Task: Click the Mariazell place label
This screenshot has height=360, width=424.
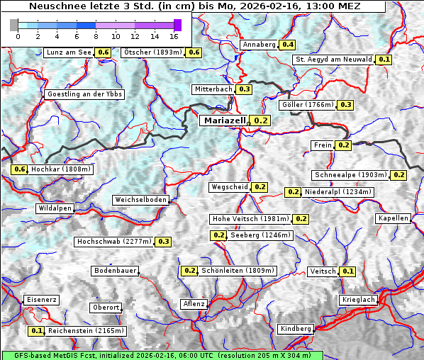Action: [x=224, y=120]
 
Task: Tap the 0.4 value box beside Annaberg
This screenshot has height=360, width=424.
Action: [x=287, y=45]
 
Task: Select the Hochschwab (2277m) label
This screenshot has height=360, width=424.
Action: [x=113, y=242]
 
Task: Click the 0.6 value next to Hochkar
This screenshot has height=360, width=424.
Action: [x=19, y=170]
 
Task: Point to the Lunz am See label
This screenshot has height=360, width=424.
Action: [x=68, y=52]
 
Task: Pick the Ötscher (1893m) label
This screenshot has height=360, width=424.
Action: [x=152, y=52]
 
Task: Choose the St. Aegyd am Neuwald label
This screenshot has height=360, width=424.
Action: [x=333, y=60]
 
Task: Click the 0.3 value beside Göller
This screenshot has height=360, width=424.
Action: [x=345, y=105]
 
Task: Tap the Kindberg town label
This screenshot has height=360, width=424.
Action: [x=296, y=329]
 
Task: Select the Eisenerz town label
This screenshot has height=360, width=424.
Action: [x=41, y=300]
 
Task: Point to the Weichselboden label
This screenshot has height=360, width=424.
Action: [x=141, y=200]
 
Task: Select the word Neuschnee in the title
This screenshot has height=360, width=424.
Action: [x=56, y=6]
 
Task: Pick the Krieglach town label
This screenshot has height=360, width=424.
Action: [x=358, y=300]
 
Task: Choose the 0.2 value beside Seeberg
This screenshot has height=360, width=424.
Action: [x=219, y=235]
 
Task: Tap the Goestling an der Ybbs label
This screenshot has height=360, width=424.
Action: [x=84, y=94]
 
